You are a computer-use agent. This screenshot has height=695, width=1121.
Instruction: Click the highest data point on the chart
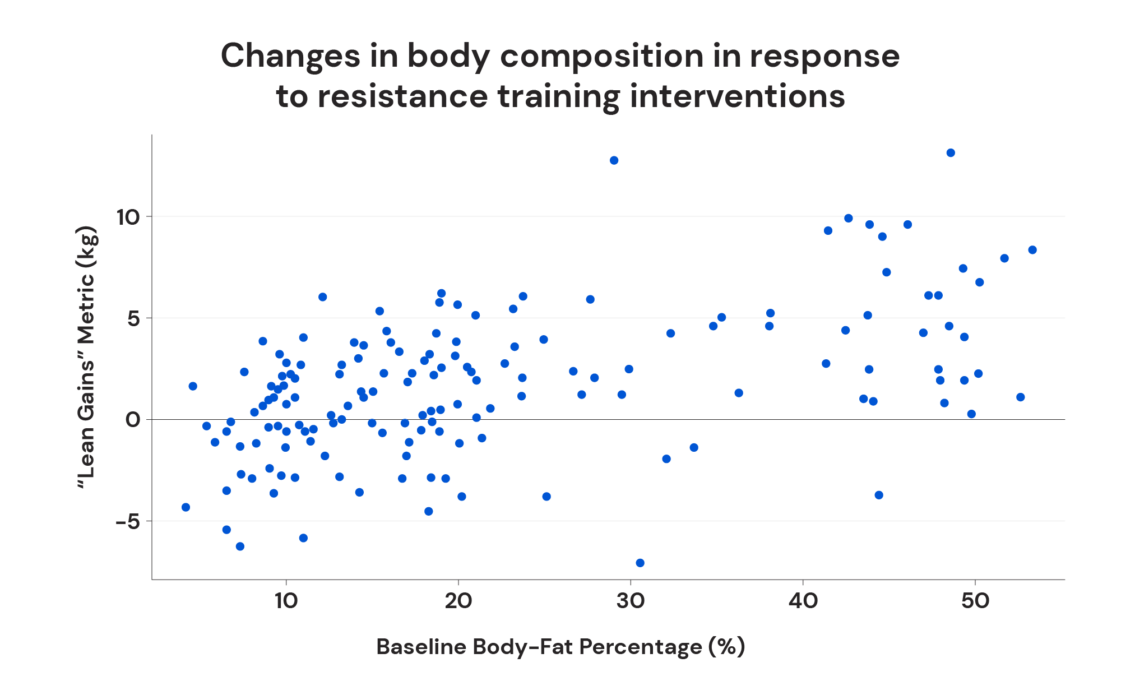951,152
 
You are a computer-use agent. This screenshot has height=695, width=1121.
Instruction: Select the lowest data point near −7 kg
640,563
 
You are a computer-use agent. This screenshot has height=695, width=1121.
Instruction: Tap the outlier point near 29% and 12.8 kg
614,160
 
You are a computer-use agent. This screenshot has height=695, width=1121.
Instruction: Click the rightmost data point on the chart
1032,250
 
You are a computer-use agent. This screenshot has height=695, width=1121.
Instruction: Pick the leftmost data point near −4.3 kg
186,507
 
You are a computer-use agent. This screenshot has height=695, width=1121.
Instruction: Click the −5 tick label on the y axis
128,522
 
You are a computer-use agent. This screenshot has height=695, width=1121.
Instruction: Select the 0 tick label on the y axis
133,420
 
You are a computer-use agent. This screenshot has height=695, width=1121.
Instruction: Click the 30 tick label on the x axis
631,601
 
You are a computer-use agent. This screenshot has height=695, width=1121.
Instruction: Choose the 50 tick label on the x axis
975,601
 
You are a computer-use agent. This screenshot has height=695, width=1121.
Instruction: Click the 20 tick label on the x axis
458,601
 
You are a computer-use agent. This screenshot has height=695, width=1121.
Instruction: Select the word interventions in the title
737,96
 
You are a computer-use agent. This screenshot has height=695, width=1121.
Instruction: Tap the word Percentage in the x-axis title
640,647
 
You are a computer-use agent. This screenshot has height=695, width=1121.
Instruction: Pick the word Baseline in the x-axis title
421,647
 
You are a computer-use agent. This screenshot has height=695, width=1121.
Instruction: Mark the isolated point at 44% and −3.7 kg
879,495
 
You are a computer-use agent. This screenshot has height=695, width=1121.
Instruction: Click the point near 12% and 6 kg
322,297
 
